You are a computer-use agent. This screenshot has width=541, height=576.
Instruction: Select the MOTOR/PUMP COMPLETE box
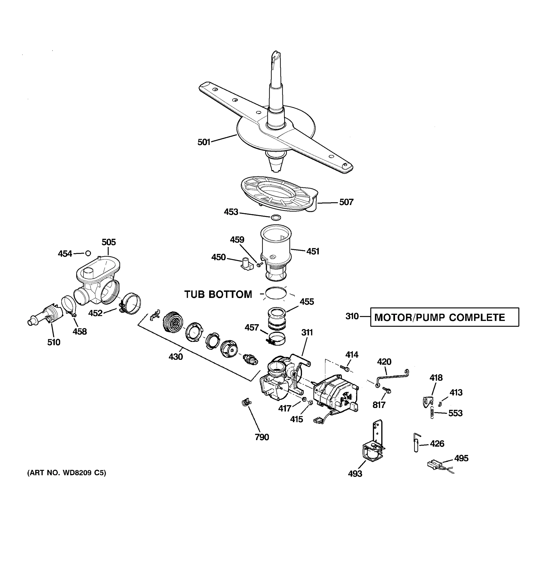click(444, 317)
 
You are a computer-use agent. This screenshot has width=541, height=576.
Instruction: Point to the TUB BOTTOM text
click(218, 294)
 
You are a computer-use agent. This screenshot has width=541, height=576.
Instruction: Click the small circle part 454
click(88, 253)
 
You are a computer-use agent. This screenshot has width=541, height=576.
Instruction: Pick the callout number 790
click(262, 437)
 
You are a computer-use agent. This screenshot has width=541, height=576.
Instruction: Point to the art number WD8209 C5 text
click(67, 473)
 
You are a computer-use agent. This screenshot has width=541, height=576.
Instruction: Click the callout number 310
click(352, 316)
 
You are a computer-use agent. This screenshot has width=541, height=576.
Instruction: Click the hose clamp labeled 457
click(276, 338)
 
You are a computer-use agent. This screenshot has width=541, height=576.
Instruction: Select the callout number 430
click(176, 357)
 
